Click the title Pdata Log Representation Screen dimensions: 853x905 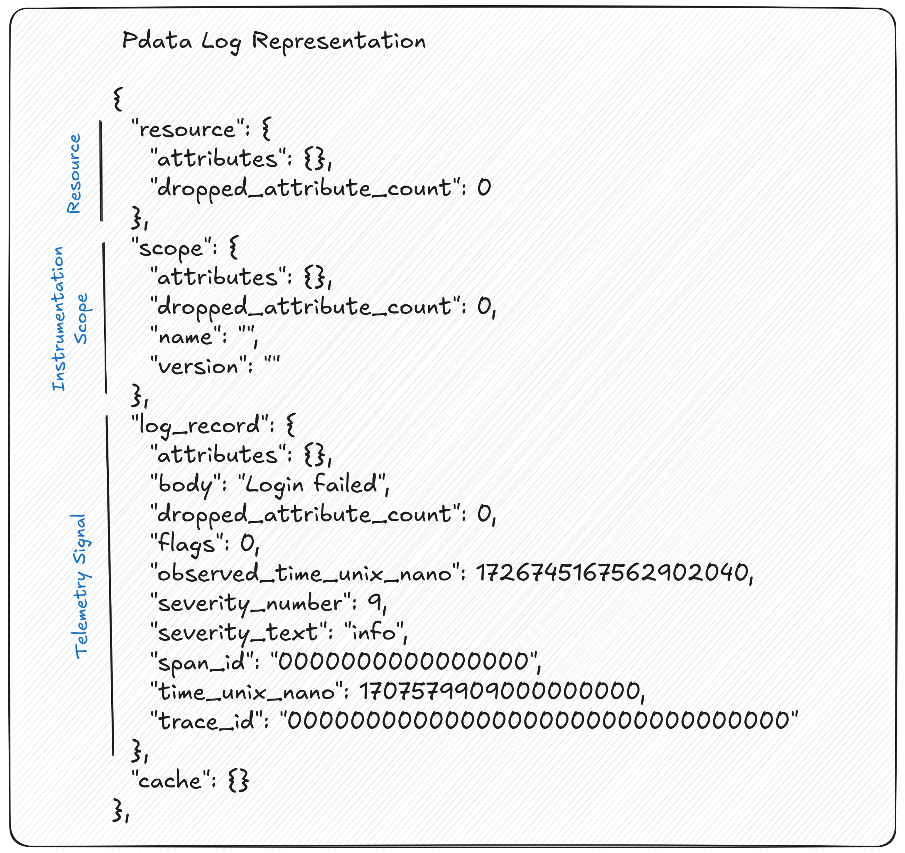pyautogui.click(x=274, y=41)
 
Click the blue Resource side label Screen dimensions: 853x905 pyautogui.click(x=74, y=174)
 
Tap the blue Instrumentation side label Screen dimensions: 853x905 pyautogui.click(x=58, y=319)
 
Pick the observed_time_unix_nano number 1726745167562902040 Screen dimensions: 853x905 pyautogui.click(x=613, y=573)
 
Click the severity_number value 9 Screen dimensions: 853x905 pyautogui.click(x=374, y=603)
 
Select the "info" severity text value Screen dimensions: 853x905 pyautogui.click(x=375, y=632)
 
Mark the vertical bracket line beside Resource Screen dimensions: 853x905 pyautogui.click(x=101, y=171)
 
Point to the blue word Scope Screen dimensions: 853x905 pyautogui.click(x=81, y=319)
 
